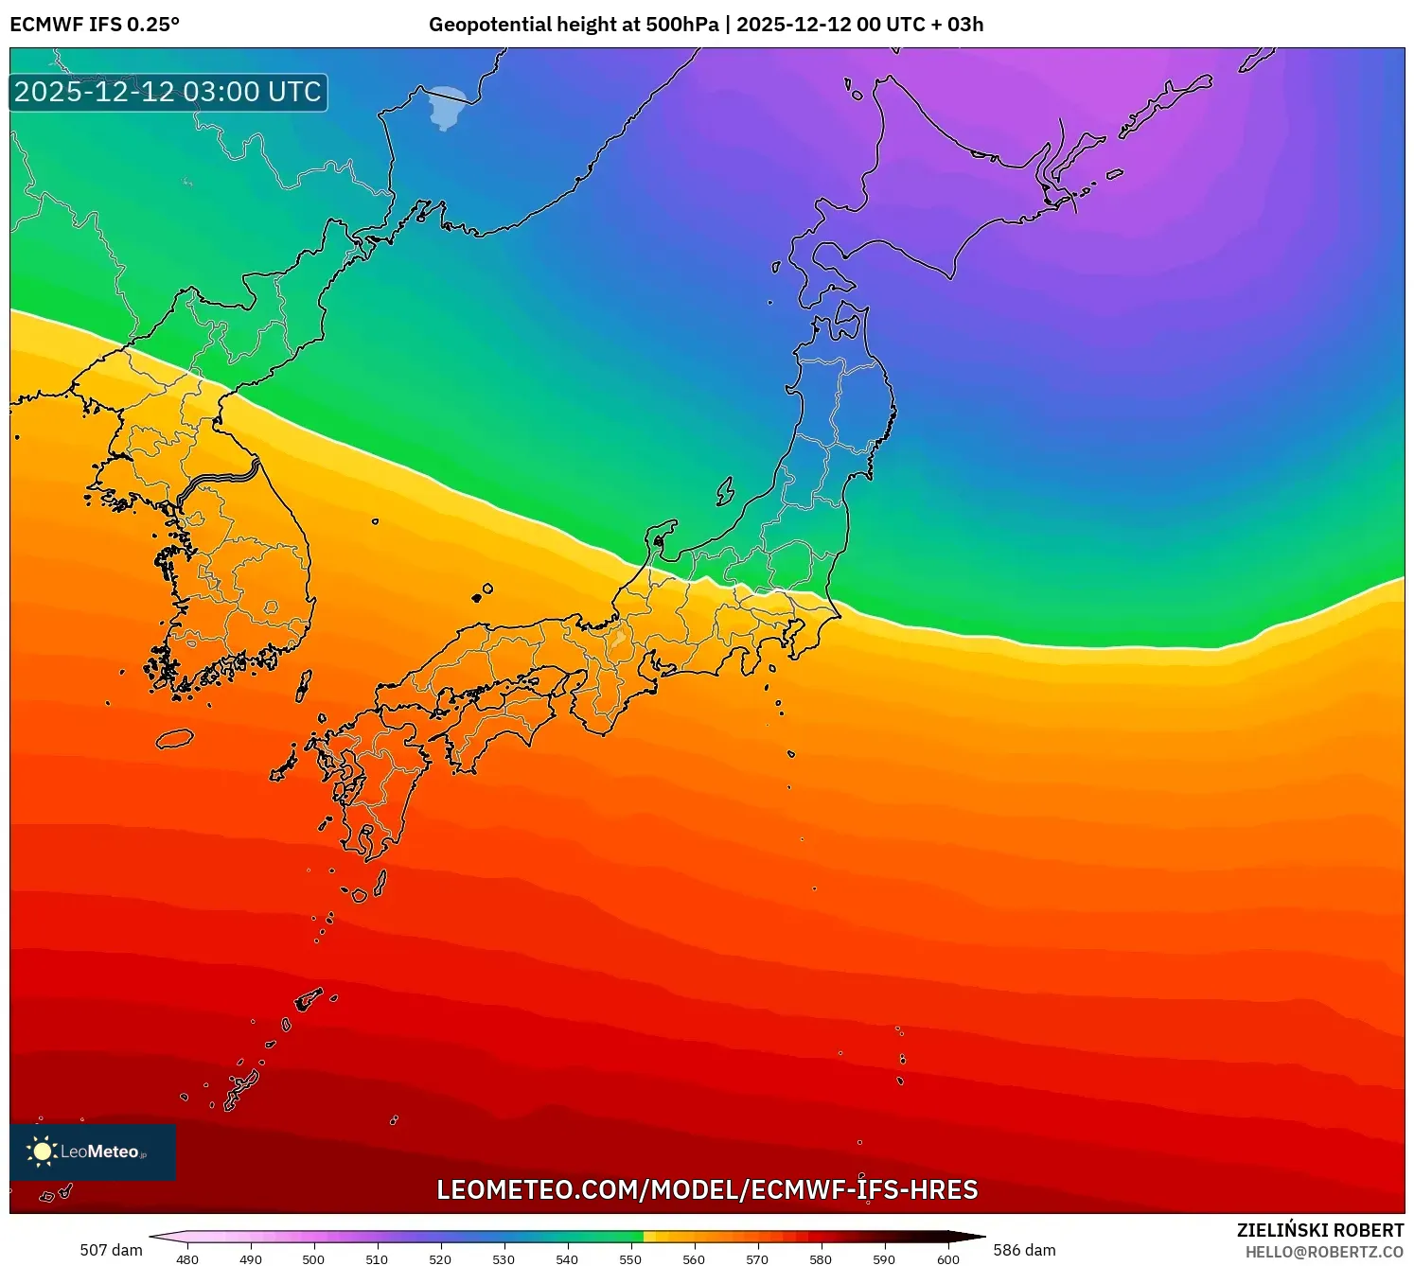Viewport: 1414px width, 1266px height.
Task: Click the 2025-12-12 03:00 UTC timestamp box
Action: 168,93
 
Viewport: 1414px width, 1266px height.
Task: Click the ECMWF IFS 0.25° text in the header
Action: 95,25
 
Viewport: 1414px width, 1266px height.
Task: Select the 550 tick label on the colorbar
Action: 630,1259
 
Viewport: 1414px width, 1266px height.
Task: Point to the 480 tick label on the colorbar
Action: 187,1259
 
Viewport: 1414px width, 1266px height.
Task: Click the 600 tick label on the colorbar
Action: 947,1259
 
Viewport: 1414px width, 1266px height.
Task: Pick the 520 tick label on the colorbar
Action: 440,1259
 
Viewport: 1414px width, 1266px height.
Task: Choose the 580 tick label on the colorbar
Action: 821,1259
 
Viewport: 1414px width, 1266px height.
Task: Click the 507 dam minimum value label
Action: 111,1250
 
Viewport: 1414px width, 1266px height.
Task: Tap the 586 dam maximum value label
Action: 1024,1250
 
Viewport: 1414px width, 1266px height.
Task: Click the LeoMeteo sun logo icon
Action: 42,1151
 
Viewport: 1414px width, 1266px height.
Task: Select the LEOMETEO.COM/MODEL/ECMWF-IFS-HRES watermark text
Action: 707,1190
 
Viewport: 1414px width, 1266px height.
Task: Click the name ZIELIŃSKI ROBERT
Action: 1320,1230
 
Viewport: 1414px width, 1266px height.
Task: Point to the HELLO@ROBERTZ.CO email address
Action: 1324,1252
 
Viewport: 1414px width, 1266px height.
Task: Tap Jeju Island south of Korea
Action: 175,738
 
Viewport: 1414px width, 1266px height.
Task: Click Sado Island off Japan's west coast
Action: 725,491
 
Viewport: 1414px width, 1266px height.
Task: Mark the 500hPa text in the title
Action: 682,25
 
